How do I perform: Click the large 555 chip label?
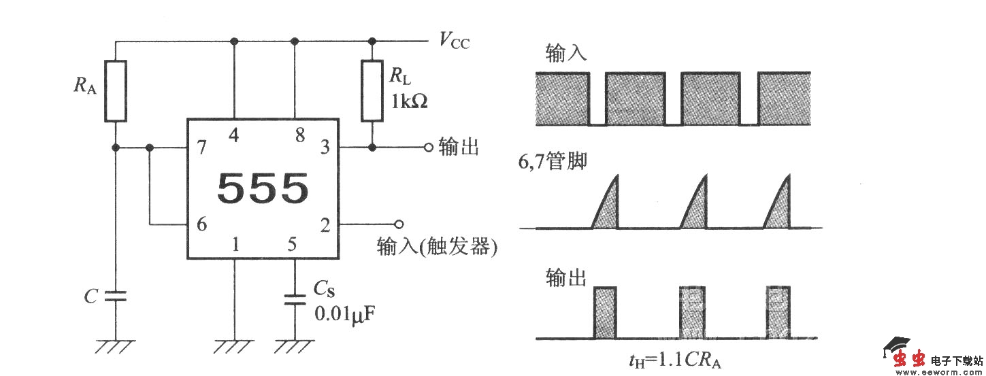(x=263, y=189)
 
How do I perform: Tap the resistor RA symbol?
(x=116, y=91)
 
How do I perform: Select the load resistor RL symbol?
(x=372, y=90)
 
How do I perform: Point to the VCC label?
(x=454, y=42)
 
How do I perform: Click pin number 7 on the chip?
(x=202, y=147)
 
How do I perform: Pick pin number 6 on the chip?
(x=202, y=224)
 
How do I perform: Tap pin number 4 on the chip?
(x=234, y=135)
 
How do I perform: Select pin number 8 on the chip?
(x=299, y=135)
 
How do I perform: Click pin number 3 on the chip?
(x=325, y=147)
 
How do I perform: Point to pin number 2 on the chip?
(x=325, y=224)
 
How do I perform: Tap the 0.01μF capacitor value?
(x=344, y=314)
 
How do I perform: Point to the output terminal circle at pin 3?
(x=428, y=148)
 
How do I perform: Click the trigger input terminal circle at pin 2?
(x=399, y=224)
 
